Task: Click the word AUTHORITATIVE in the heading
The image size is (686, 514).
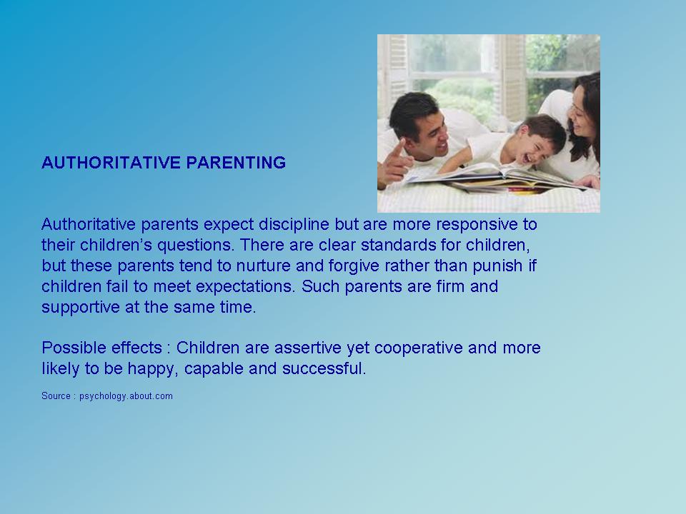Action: click(111, 163)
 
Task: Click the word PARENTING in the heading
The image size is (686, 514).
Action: click(237, 163)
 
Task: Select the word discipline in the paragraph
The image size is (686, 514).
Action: click(294, 225)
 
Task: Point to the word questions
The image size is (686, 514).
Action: click(195, 246)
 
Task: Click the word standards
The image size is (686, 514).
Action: click(399, 245)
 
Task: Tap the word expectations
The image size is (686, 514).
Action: click(245, 287)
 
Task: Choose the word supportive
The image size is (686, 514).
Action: click(81, 308)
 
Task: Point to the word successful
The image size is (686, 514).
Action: click(324, 368)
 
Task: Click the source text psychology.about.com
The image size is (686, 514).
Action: click(126, 396)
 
